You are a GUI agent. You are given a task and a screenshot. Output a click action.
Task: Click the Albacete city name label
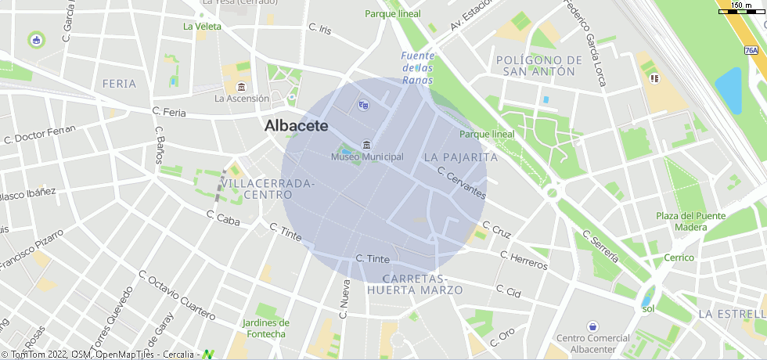[296, 125]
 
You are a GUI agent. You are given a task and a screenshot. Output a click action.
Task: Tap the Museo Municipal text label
[367, 157]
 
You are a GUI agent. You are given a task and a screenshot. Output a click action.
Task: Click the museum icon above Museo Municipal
[367, 143]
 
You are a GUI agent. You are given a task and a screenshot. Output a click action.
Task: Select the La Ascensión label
[242, 99]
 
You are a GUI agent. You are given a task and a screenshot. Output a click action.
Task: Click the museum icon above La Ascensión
[241, 86]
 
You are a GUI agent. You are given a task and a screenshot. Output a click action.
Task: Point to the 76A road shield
[751, 50]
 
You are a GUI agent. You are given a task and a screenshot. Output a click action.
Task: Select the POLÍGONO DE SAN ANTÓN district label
[540, 66]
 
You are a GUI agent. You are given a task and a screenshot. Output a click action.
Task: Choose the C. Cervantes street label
[462, 183]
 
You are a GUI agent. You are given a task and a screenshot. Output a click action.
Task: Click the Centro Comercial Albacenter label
[593, 344]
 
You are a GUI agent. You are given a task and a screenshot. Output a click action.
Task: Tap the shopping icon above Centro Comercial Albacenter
[592, 326]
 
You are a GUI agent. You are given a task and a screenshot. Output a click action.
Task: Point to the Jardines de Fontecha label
[266, 328]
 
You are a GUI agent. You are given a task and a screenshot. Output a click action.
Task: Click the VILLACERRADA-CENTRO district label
[268, 189]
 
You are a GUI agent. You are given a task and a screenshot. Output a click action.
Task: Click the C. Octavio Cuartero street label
[176, 296]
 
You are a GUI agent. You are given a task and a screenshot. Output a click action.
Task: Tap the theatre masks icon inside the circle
[362, 104]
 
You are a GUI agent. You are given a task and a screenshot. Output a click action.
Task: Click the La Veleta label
[202, 26]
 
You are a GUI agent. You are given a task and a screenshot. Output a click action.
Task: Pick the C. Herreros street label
[524, 261]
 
